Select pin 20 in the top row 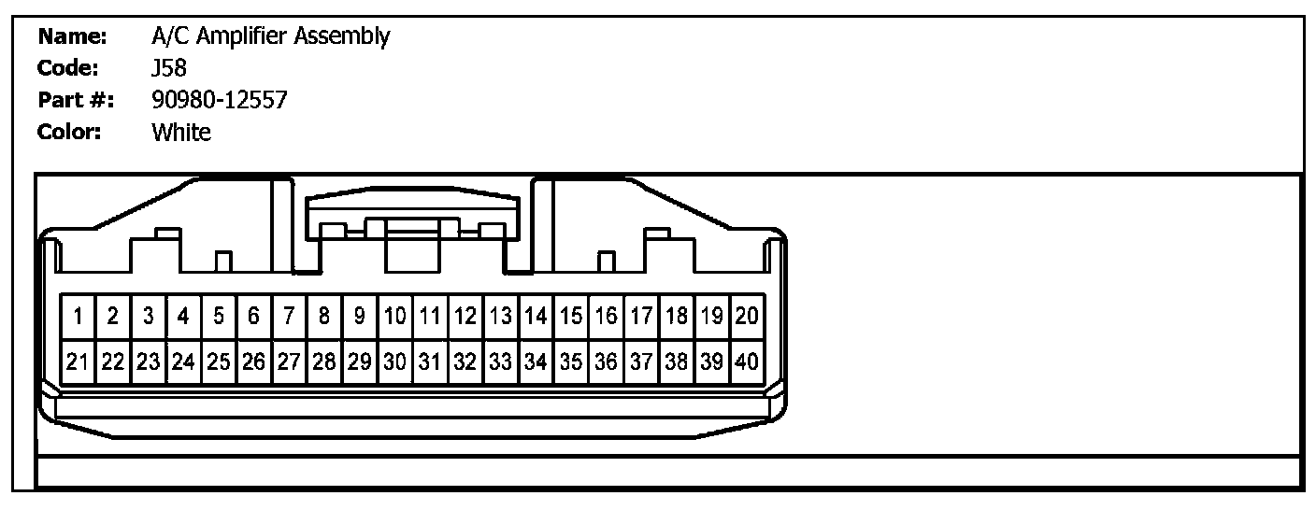[x=747, y=318]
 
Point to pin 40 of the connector [x=747, y=361]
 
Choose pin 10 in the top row [x=395, y=318]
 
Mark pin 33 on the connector [x=501, y=361]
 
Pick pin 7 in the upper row [x=290, y=318]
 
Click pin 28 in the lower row [x=324, y=361]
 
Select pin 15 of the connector [x=571, y=318]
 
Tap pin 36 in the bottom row [x=607, y=361]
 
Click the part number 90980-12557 [x=220, y=100]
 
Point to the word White [x=181, y=132]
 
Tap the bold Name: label [x=73, y=37]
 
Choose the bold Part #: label [x=75, y=100]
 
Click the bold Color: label [x=69, y=132]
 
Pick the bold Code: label [x=68, y=68]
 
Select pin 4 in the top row [x=184, y=318]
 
